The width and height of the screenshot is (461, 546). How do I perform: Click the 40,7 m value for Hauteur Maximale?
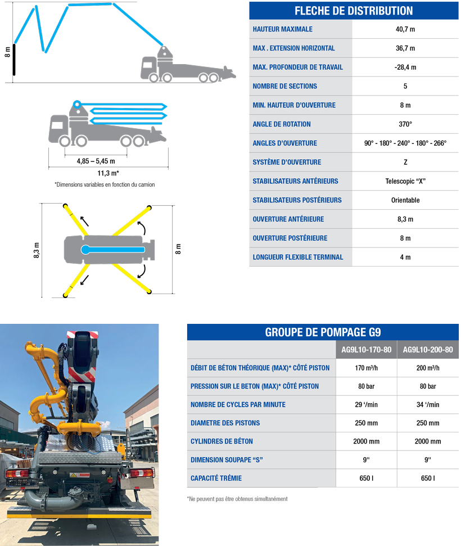405,29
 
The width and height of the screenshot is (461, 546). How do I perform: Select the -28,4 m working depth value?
405,67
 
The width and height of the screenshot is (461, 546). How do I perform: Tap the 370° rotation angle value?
405,124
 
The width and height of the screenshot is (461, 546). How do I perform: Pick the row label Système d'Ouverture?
287,162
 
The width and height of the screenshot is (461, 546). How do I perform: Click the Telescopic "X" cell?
405,181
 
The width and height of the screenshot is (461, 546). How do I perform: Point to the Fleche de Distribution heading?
354,11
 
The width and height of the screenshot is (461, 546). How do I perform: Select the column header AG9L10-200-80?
428,350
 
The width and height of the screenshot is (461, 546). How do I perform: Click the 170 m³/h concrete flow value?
367,368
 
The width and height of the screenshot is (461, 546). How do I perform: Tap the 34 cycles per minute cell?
428,405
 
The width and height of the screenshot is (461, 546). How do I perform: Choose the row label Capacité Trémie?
216,478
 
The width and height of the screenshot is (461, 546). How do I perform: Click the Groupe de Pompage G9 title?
323,332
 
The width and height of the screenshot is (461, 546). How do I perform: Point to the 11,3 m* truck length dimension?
108,173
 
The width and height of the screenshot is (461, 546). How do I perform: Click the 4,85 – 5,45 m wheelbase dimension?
96,161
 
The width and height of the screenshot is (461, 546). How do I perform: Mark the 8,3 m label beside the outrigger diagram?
37,250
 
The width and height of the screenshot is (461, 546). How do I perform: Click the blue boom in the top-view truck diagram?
113,249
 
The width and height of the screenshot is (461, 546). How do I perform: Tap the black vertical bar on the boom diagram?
14,60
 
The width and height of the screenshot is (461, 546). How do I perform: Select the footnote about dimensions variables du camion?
105,184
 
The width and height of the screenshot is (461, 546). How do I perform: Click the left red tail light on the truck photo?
17,474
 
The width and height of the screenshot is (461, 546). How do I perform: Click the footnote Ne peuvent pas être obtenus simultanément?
237,499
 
